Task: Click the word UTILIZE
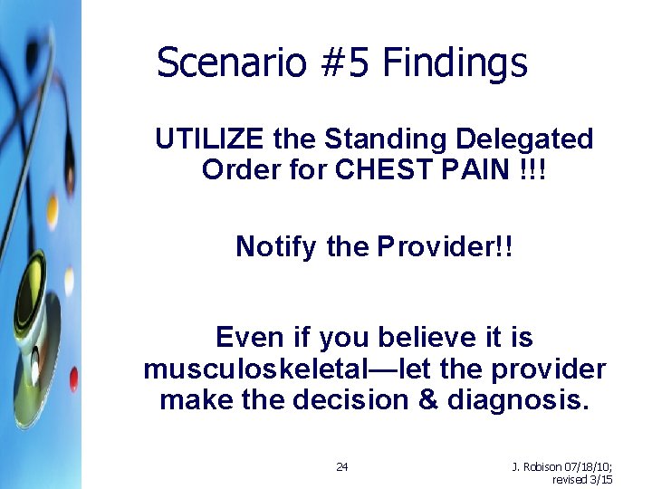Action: click(210, 139)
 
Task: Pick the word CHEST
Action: click(379, 169)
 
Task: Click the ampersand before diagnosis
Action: click(427, 400)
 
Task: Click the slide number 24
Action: click(342, 466)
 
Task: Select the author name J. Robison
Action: click(537, 466)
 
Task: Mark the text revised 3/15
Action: click(582, 479)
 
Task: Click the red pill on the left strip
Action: click(73, 379)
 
